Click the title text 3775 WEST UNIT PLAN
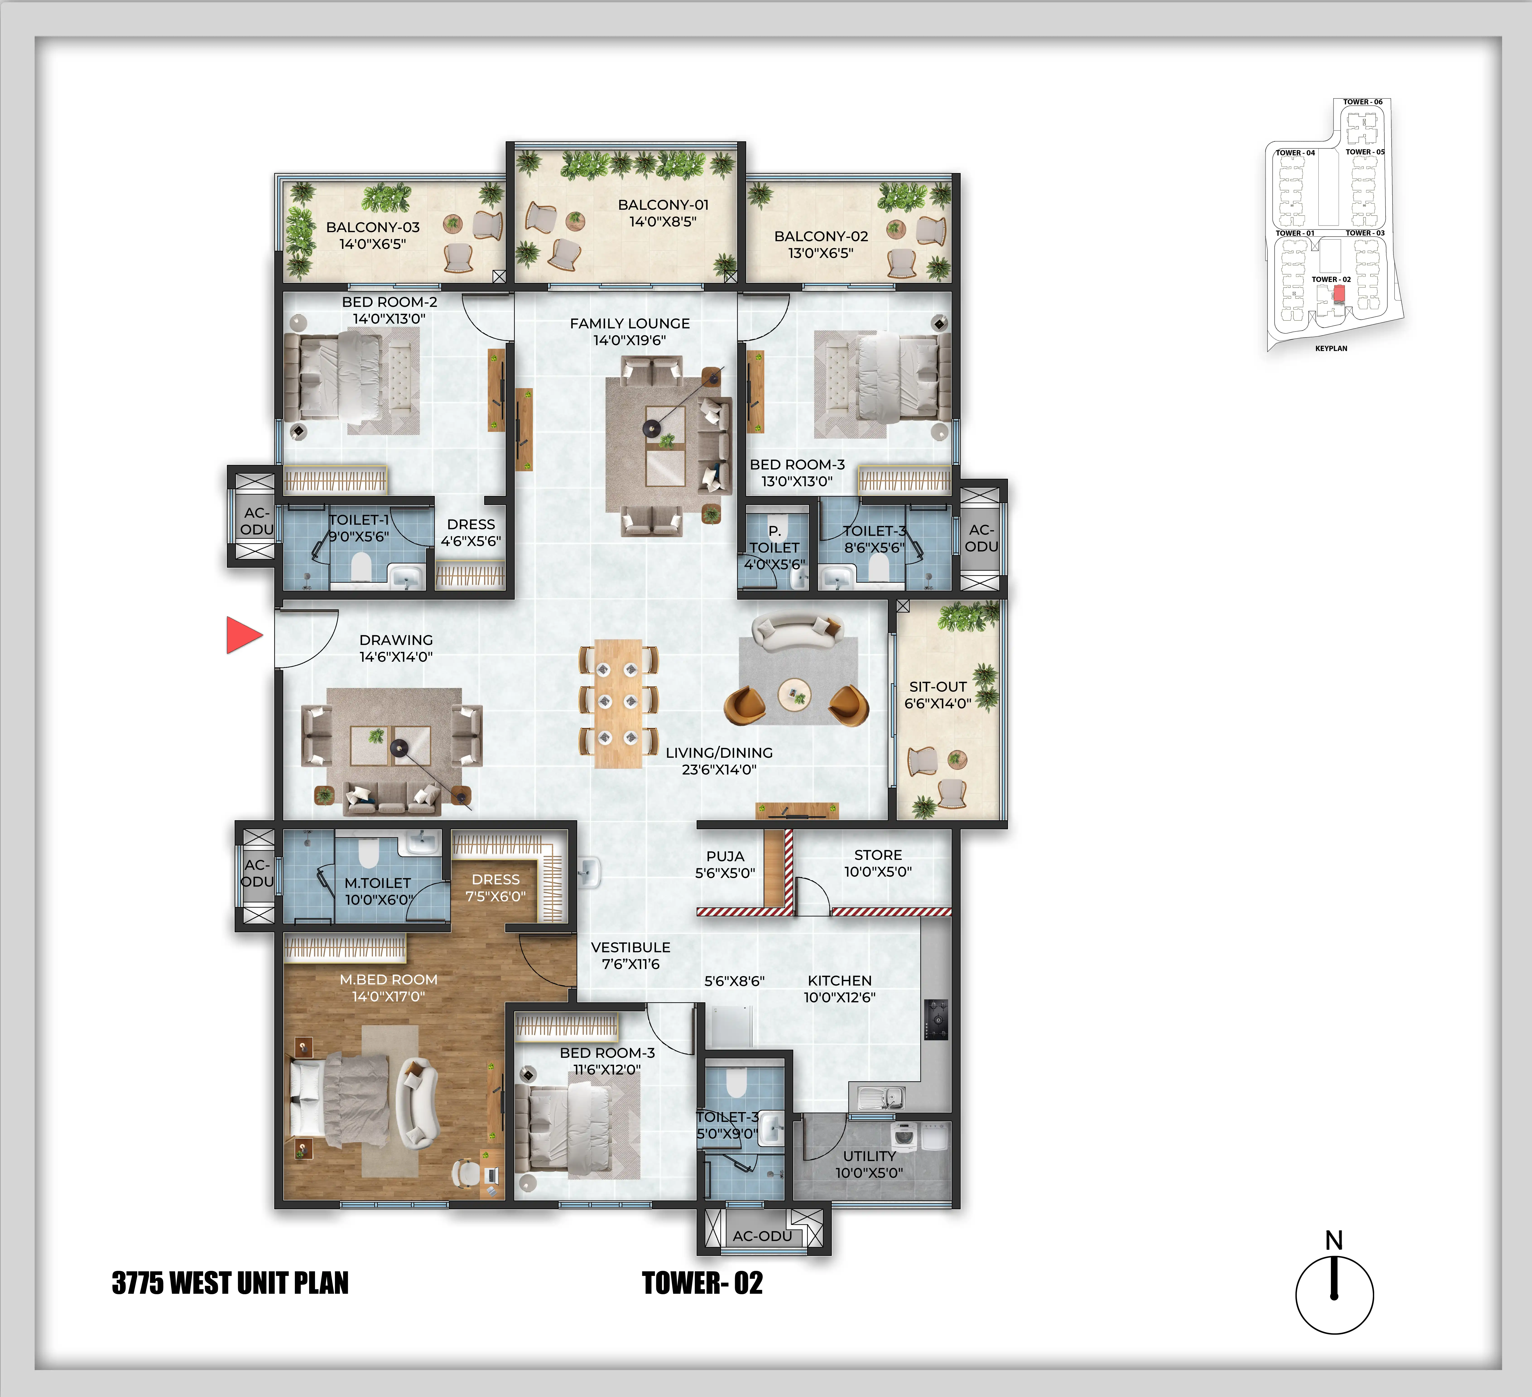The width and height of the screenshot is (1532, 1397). click(230, 1283)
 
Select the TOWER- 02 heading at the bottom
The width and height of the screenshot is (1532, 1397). click(702, 1283)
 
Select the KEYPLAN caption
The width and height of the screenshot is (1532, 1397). click(1331, 348)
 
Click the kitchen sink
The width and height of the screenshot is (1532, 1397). click(882, 1097)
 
